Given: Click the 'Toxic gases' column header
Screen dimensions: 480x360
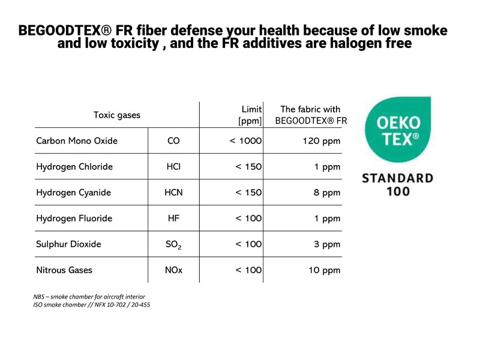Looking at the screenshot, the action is click(x=116, y=115).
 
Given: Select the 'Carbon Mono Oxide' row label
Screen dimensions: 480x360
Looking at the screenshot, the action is click(x=77, y=141).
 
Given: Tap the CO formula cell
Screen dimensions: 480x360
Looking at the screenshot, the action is click(x=173, y=141).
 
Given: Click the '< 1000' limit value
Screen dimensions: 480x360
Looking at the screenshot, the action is click(x=245, y=141).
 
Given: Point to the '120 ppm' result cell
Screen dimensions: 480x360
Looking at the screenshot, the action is click(x=322, y=141).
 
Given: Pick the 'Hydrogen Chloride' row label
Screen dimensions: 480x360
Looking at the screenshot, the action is click(x=74, y=167).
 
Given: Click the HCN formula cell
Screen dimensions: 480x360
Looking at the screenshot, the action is click(x=173, y=193).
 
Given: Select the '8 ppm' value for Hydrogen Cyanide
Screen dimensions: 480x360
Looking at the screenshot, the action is click(x=327, y=193).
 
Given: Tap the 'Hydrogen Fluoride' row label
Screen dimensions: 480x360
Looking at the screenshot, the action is click(x=74, y=218).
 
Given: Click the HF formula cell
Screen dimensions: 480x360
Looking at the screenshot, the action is click(x=173, y=218).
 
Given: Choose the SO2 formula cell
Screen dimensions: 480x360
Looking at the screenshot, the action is click(x=173, y=245).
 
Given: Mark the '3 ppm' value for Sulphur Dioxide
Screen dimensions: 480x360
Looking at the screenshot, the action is click(x=327, y=245).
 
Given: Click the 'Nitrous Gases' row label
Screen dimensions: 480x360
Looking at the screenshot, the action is click(x=64, y=270).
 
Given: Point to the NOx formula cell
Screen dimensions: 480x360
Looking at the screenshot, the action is click(x=173, y=270).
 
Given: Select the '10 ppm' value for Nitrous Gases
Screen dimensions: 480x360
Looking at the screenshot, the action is click(x=325, y=271).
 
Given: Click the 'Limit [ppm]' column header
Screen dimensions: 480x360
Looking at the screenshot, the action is click(x=250, y=115).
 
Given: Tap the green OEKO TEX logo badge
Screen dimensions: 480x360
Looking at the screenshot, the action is click(x=398, y=130).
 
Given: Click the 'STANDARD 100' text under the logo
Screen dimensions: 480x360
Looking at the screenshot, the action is click(x=398, y=185).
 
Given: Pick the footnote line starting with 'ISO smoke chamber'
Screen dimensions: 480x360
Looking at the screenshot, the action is click(x=92, y=305).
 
